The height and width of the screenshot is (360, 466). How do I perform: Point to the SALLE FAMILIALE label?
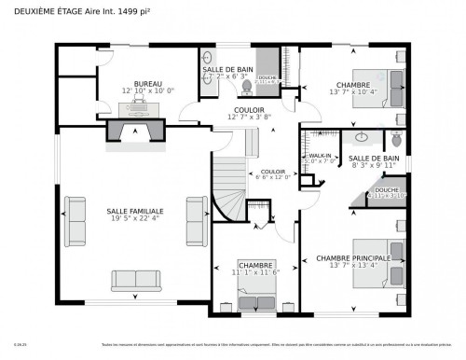[x=135, y=212]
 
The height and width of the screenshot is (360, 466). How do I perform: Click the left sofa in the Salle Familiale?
[x=74, y=215]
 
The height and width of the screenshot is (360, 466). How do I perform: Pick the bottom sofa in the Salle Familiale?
[x=135, y=279]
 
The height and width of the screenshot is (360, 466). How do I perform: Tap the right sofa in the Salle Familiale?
[x=197, y=215]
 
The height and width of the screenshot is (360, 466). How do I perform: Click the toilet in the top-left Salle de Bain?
[x=247, y=87]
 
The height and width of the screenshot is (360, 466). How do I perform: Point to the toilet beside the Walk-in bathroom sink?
[x=395, y=141]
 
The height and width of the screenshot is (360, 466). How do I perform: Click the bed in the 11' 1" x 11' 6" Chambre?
[x=254, y=298]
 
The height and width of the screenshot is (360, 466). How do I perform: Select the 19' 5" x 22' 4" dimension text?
[x=135, y=220]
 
